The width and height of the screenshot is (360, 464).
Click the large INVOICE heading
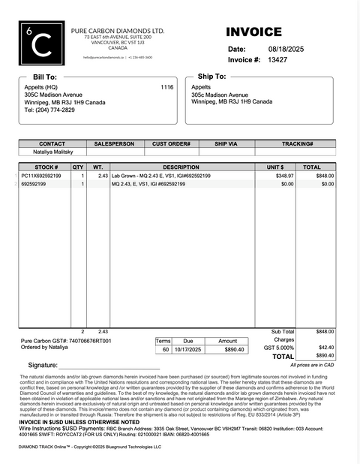(x=253, y=32)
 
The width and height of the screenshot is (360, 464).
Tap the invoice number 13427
(x=277, y=59)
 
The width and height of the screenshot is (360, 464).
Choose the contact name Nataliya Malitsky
(x=52, y=151)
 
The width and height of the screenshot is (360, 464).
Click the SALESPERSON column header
(x=114, y=143)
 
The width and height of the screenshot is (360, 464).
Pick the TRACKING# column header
(x=298, y=143)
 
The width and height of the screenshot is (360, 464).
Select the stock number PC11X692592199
(x=41, y=176)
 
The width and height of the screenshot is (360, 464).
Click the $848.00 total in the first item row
(x=324, y=176)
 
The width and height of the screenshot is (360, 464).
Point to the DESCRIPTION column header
(x=181, y=167)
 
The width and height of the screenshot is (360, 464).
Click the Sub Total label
(x=283, y=331)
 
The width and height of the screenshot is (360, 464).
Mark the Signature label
(x=43, y=365)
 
